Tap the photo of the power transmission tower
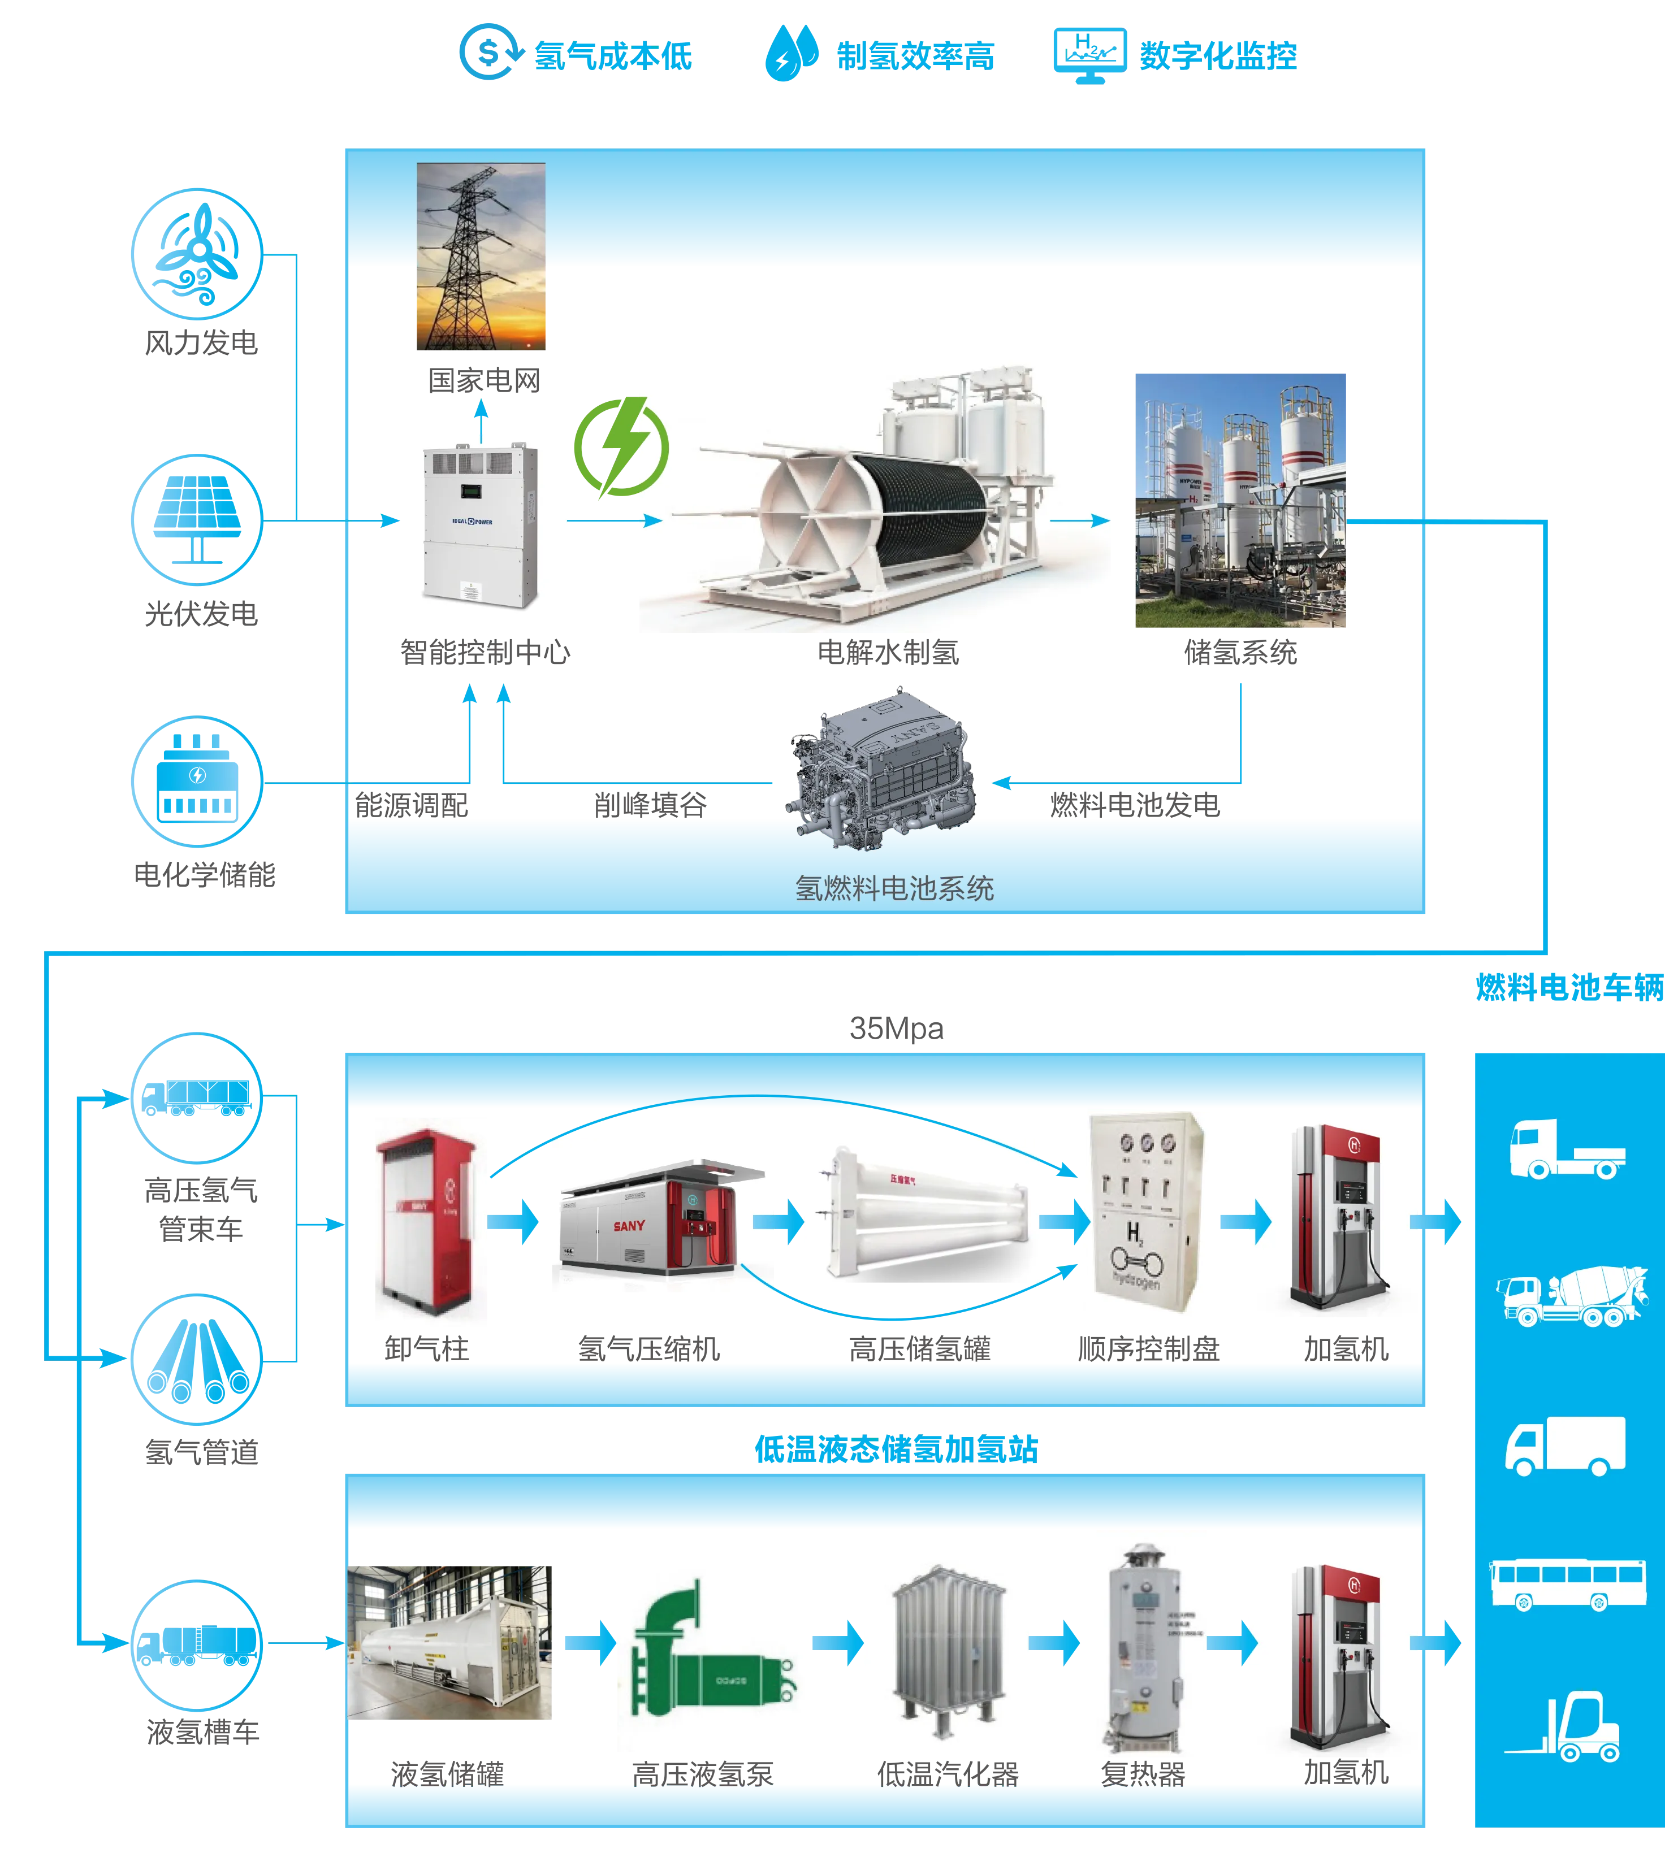click(x=481, y=257)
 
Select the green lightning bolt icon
click(x=621, y=447)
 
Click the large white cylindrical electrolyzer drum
click(x=873, y=512)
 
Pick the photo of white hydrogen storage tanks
click(x=1240, y=500)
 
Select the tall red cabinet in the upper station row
click(x=429, y=1221)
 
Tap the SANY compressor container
click(x=663, y=1217)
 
